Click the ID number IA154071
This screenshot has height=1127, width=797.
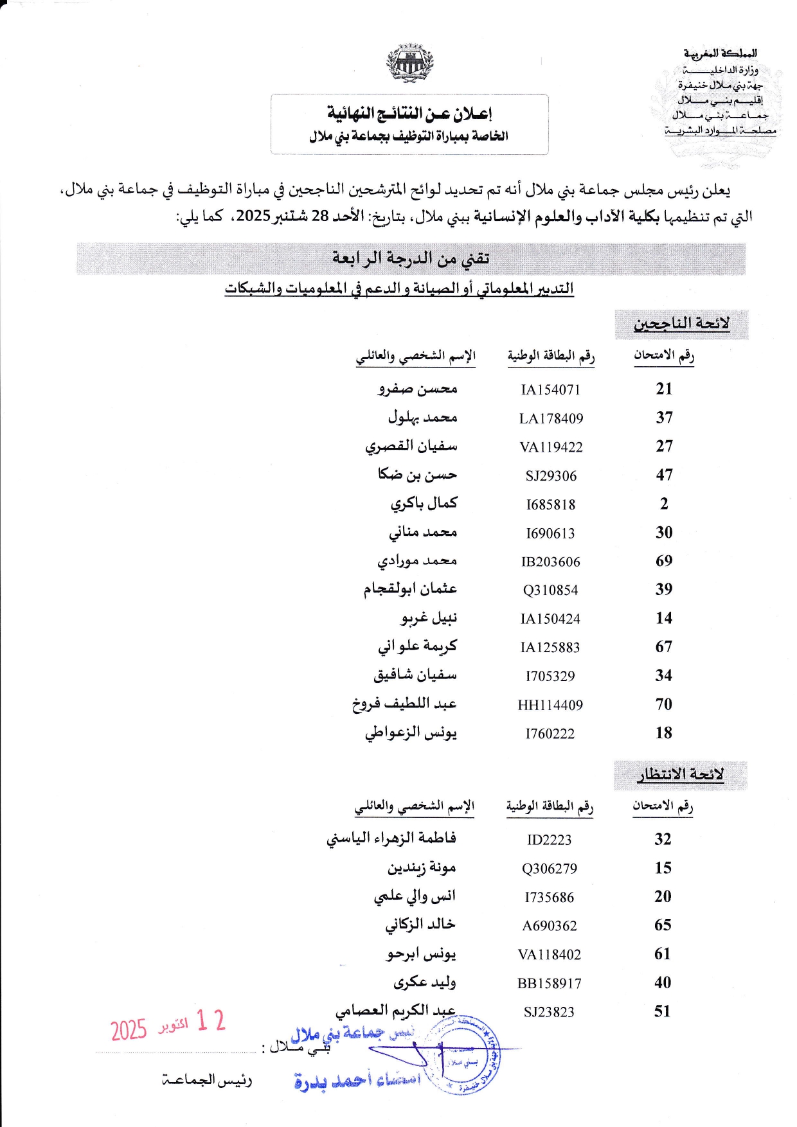point(550,389)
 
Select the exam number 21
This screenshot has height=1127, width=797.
point(664,389)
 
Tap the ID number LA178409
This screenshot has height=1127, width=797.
point(551,418)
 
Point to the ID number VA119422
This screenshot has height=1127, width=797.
point(551,447)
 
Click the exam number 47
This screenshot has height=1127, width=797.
point(664,475)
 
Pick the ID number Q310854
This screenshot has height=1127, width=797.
point(550,590)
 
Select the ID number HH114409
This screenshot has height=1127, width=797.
point(550,705)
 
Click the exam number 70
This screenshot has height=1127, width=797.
point(664,704)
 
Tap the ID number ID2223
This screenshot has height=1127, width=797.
point(549,840)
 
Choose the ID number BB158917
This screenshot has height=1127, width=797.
point(549,983)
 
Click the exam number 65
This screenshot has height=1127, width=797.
point(663,925)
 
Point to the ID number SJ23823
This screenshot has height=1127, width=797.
point(549,1012)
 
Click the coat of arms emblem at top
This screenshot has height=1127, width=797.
point(409,64)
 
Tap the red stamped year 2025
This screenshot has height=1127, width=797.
point(129,1029)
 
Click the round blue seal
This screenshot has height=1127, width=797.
point(464,1055)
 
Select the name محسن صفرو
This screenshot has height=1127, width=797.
point(418,389)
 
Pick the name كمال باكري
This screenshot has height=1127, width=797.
point(424,503)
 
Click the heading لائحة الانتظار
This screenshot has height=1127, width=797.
point(680,774)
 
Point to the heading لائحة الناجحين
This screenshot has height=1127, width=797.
point(681,323)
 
